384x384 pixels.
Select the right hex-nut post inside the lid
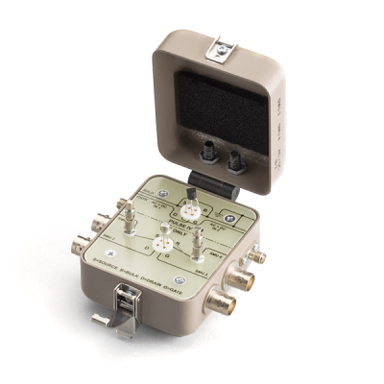[234, 155]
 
